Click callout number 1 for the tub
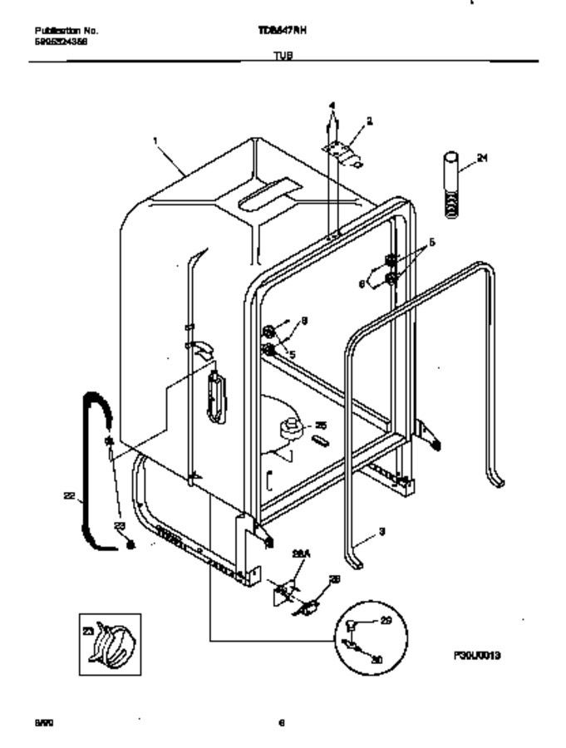click(155, 141)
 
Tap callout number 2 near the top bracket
click(369, 121)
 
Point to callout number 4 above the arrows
click(332, 106)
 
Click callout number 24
click(482, 158)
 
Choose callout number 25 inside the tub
click(321, 425)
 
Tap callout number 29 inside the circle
click(386, 620)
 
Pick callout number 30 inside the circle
click(378, 658)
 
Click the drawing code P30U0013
click(477, 655)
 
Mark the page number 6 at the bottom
click(283, 723)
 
